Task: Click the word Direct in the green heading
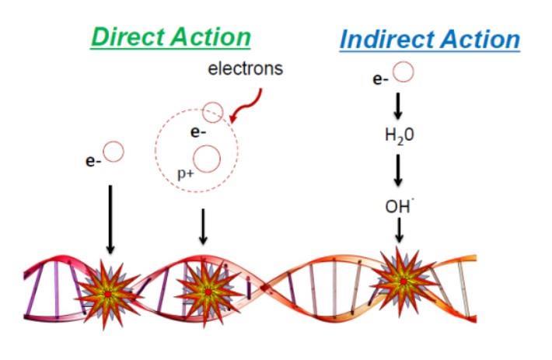pyautogui.click(x=128, y=37)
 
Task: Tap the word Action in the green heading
pyautogui.click(x=211, y=37)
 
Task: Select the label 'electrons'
pyautogui.click(x=246, y=68)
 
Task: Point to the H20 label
pyautogui.click(x=399, y=135)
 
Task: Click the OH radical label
pyautogui.click(x=399, y=206)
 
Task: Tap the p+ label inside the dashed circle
pyautogui.click(x=186, y=173)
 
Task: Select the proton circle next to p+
pyautogui.click(x=207, y=159)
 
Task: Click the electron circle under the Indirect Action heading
pyautogui.click(x=403, y=72)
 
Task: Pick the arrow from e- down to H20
pyautogui.click(x=398, y=106)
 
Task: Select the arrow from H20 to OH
pyautogui.click(x=398, y=170)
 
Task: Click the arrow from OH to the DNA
pyautogui.click(x=399, y=230)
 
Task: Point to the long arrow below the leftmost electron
pyautogui.click(x=110, y=219)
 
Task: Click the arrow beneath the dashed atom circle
pyautogui.click(x=203, y=226)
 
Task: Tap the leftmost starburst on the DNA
pyautogui.click(x=107, y=294)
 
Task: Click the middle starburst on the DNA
pyautogui.click(x=208, y=292)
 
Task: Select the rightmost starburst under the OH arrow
pyautogui.click(x=403, y=281)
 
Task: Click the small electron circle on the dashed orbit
pyautogui.click(x=212, y=112)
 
